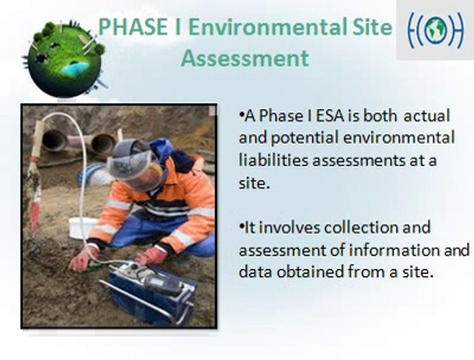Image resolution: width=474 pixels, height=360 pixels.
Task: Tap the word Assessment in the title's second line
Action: point(245,58)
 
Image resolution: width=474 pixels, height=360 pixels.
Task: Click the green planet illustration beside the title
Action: point(65,58)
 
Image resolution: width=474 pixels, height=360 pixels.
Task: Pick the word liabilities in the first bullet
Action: point(273,160)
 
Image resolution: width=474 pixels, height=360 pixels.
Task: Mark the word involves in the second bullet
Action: point(291,227)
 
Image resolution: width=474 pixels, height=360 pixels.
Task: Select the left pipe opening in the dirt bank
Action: point(54,140)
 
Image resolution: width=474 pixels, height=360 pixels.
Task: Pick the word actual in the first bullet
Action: point(426,116)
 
